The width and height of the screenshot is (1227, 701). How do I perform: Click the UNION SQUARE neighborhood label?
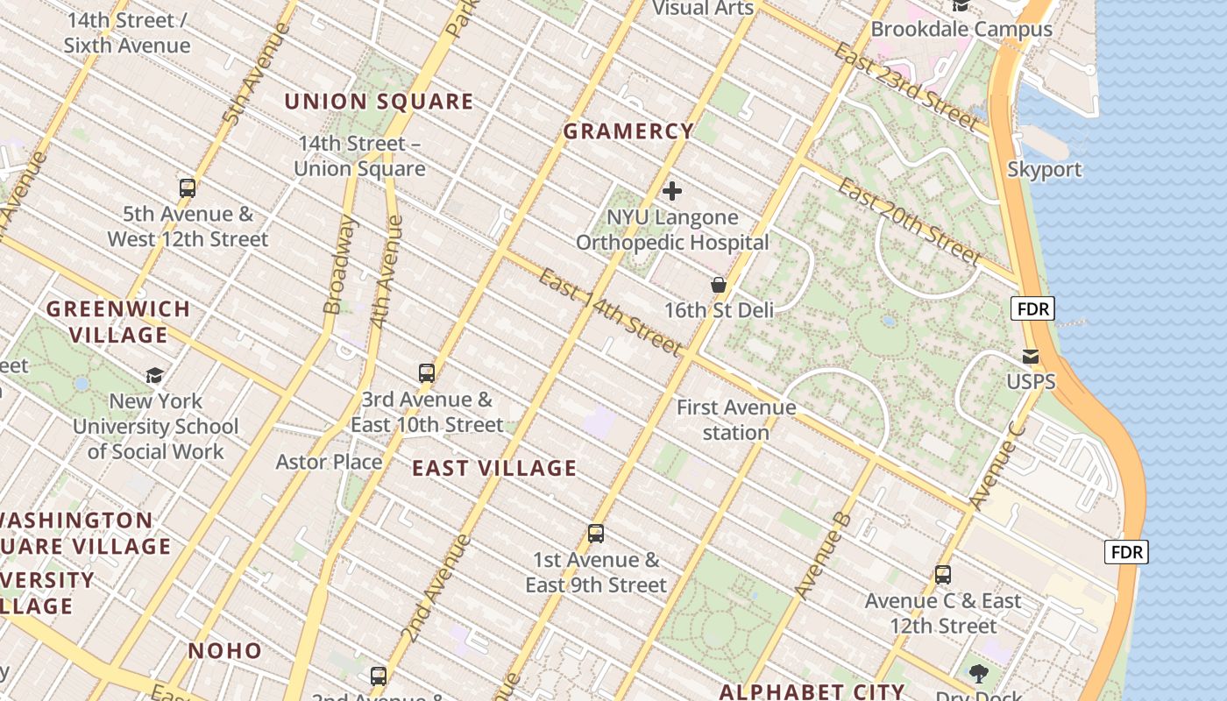tap(379, 102)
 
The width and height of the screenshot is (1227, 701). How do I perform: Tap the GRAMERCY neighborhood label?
tap(628, 131)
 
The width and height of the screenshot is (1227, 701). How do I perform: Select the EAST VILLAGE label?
tap(494, 468)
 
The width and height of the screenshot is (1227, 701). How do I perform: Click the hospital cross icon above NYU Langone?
tap(672, 191)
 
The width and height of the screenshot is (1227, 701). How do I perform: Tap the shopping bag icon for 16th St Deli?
tap(719, 285)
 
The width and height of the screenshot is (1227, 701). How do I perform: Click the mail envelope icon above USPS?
tap(1031, 357)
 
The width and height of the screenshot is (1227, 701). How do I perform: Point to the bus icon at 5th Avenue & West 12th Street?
tap(187, 188)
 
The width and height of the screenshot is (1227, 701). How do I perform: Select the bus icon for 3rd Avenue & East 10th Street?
tap(427, 373)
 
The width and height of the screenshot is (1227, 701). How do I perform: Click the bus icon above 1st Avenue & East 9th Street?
tap(596, 533)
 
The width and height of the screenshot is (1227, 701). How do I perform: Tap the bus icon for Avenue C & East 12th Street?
tap(943, 575)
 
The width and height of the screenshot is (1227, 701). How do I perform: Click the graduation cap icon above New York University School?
tap(154, 375)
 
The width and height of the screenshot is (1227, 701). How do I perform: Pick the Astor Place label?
tap(329, 462)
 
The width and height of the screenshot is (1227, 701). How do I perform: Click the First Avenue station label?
tap(736, 420)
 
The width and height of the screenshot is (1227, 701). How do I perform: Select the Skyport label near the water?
tap(1045, 169)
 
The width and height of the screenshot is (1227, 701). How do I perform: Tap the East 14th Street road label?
tap(610, 313)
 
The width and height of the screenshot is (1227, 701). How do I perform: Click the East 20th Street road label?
tap(909, 221)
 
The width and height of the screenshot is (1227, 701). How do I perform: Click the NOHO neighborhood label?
tap(225, 650)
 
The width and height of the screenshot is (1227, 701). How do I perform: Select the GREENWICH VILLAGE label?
tap(118, 322)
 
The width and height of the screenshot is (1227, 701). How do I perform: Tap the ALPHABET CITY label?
tap(812, 692)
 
